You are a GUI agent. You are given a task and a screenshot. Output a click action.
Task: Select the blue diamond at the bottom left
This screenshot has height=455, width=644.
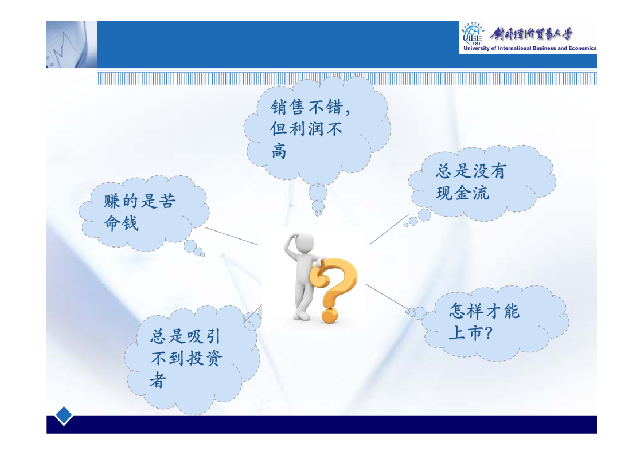[64, 415]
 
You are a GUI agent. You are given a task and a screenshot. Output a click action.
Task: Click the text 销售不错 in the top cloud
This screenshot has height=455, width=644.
[306, 107]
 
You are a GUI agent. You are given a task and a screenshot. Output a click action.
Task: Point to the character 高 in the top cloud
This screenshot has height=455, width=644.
[279, 151]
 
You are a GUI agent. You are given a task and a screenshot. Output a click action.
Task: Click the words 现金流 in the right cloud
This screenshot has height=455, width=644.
[462, 193]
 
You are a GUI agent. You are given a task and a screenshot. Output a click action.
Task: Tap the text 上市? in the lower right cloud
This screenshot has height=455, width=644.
[470, 333]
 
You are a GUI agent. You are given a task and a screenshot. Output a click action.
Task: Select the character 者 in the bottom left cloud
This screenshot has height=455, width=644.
[158, 380]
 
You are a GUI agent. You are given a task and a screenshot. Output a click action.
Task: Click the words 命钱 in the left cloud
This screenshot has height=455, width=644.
[121, 223]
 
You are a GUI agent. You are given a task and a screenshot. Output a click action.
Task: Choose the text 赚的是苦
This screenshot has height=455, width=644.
[140, 201]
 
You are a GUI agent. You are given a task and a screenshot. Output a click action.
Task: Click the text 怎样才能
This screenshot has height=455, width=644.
[484, 311]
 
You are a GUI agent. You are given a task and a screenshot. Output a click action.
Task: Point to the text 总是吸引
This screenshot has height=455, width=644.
[186, 336]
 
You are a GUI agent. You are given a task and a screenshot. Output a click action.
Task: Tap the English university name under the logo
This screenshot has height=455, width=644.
[530, 48]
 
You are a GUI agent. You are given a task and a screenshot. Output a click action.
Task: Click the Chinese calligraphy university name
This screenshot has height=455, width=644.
[531, 34]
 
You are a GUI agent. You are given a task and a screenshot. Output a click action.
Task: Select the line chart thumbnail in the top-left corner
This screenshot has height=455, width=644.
[72, 44]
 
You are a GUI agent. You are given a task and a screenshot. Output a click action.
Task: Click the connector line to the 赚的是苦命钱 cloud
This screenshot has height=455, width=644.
[231, 236]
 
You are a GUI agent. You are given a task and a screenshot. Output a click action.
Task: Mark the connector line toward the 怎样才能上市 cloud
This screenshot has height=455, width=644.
[388, 297]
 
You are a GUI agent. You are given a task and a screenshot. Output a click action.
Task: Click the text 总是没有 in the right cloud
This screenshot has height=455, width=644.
[471, 171]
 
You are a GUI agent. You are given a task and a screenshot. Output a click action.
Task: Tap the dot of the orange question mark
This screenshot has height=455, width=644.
[329, 316]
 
